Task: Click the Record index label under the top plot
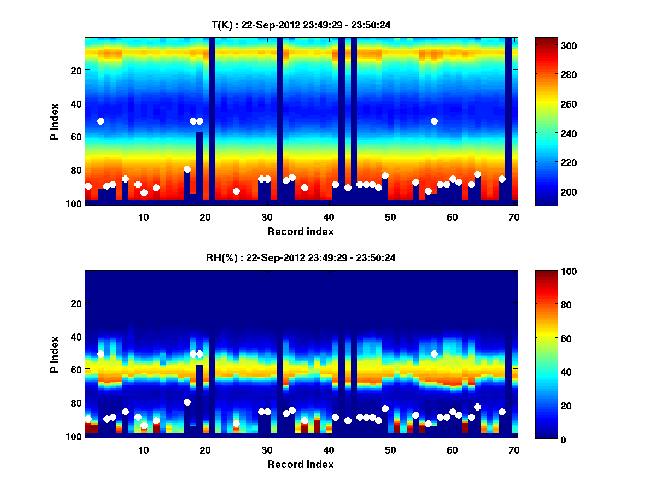[x=300, y=231]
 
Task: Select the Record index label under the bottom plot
[x=300, y=464]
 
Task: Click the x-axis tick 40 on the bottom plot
[x=329, y=450]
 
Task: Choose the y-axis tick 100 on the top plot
[x=75, y=203]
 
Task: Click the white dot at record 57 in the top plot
[x=434, y=121]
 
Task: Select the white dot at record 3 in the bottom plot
[x=101, y=354]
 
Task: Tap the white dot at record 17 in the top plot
[x=187, y=169]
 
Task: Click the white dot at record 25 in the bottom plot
[x=236, y=424]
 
